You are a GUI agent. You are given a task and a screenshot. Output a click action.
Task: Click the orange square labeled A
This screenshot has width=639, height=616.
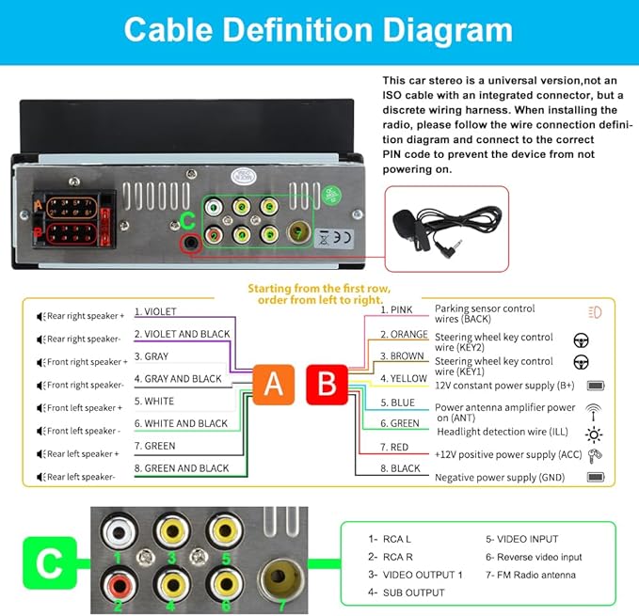pos(274,385)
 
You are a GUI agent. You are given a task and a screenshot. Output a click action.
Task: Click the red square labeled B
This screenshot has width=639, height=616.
pos(327,385)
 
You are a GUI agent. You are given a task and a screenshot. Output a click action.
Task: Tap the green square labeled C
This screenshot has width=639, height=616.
pos(50,563)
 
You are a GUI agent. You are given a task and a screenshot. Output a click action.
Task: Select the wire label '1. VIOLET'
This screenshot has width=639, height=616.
pos(155,312)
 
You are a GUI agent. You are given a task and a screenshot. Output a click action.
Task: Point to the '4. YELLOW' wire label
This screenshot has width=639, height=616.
pos(404,379)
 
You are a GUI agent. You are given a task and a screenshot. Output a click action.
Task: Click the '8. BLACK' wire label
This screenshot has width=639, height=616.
pos(400,468)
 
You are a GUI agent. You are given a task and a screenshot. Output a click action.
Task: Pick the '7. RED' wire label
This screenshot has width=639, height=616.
pos(394,447)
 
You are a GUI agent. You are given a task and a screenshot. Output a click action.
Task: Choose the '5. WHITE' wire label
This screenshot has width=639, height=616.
pos(154,401)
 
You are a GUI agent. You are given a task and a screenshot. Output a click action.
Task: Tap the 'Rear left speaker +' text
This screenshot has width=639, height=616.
pos(83,454)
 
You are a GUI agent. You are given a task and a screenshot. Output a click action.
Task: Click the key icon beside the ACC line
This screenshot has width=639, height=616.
pos(595,455)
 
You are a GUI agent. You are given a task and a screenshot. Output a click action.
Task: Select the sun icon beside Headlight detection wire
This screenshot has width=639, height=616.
pos(594,434)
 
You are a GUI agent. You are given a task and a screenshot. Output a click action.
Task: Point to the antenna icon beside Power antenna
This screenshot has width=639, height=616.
pos(593,412)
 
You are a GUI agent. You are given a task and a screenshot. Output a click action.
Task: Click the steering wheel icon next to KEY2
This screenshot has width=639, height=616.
pos(581,340)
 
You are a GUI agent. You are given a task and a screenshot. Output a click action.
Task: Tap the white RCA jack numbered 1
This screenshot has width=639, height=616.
pos(118,531)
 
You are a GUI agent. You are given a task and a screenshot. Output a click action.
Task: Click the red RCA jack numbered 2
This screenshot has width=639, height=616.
pos(119,585)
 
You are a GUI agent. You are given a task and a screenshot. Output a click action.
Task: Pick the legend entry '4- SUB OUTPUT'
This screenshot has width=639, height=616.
pos(406,592)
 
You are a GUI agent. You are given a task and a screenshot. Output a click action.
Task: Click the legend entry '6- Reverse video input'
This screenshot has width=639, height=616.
pos(534,557)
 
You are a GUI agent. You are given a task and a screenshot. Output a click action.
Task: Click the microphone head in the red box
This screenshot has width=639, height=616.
pos(405,224)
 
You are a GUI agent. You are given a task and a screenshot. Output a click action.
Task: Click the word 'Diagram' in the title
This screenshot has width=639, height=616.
pos(447,31)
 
